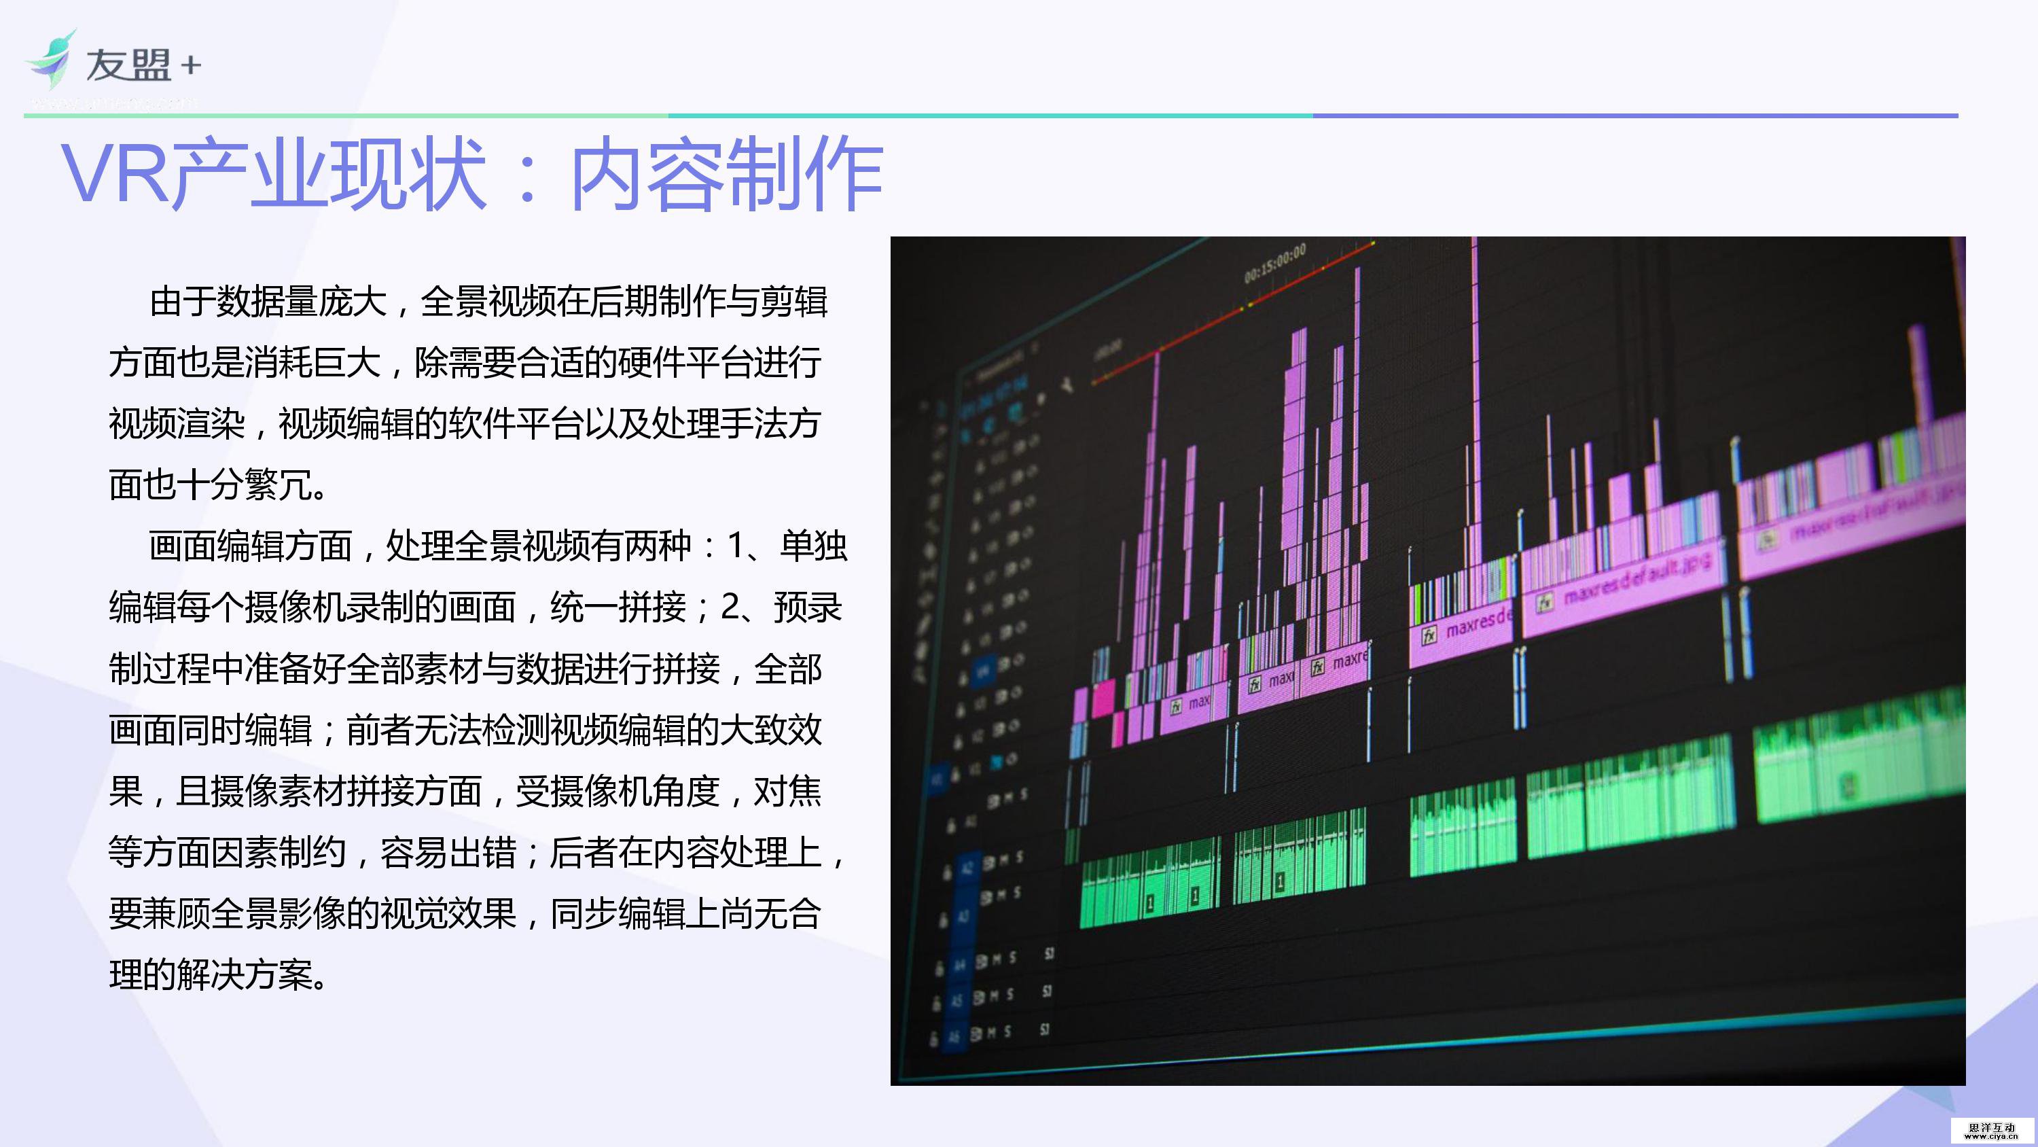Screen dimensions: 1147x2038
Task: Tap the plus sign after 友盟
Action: point(191,66)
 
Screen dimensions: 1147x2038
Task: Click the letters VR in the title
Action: point(115,173)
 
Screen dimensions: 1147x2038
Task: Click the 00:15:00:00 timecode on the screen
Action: point(1274,264)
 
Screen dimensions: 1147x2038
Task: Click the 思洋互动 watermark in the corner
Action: point(1991,1129)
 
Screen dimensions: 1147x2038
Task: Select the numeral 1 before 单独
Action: point(735,546)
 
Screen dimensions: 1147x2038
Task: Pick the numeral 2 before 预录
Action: point(730,607)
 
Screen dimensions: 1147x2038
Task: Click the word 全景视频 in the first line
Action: point(488,302)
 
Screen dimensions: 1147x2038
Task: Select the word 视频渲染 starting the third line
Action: point(177,423)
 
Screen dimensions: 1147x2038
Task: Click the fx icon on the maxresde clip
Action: point(1429,635)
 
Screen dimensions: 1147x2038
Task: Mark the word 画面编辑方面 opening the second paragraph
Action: point(251,546)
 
